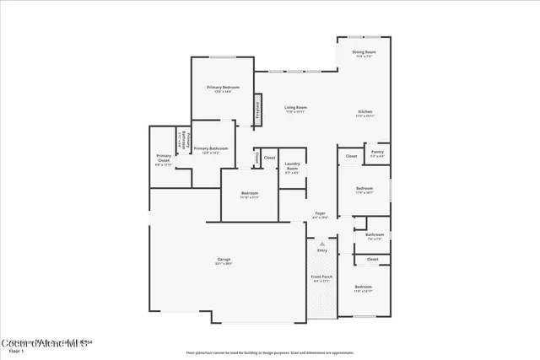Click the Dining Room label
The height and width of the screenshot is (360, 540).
tap(364, 53)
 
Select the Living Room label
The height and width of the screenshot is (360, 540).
tap(295, 109)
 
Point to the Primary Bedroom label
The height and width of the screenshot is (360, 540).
tap(223, 89)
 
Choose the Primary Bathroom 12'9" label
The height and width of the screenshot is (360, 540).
tap(211, 150)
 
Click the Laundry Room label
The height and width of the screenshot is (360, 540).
tap(293, 166)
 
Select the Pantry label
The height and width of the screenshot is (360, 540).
tap(377, 154)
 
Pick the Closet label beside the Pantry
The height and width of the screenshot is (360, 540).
tap(351, 156)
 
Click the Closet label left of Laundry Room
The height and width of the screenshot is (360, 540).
tap(269, 158)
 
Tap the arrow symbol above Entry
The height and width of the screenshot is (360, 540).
tap(321, 244)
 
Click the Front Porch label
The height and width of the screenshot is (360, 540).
tap(322, 278)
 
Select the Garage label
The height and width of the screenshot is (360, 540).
tap(224, 261)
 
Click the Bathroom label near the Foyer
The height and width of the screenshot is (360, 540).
tap(375, 236)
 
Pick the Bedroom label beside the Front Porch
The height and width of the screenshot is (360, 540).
tap(363, 288)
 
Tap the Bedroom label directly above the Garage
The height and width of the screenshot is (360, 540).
tap(249, 195)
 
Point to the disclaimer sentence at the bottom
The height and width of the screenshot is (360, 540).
tap(269, 351)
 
